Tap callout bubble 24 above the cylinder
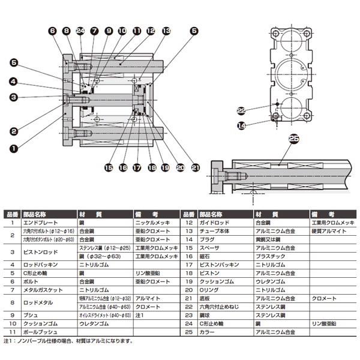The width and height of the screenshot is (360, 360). (x=80, y=30)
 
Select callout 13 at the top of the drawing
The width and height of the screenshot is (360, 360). (x=166, y=30)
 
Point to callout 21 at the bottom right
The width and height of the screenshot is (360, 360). (x=195, y=167)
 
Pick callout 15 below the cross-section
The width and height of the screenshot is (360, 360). (x=109, y=167)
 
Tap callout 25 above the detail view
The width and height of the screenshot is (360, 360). (x=293, y=139)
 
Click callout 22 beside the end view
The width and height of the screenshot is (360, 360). (x=241, y=110)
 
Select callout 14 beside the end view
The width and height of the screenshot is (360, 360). (x=241, y=125)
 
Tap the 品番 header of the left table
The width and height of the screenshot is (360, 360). (x=11, y=213)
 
